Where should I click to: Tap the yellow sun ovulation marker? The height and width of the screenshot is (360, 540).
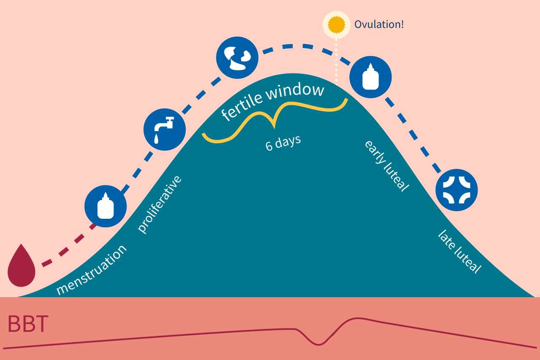[x=336, y=24]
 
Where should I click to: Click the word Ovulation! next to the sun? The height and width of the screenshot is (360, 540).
[x=379, y=24]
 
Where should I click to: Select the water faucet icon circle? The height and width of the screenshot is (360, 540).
[x=165, y=129]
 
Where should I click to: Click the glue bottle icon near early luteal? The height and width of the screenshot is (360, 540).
[x=370, y=77]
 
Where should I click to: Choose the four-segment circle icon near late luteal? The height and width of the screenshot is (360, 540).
[x=456, y=189]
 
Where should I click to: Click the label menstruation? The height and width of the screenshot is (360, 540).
[x=92, y=269]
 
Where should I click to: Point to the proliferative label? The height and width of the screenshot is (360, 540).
[x=160, y=204]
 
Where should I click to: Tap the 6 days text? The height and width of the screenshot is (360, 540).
[x=283, y=142]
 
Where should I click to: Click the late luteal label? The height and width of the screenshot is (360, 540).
[x=459, y=252]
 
